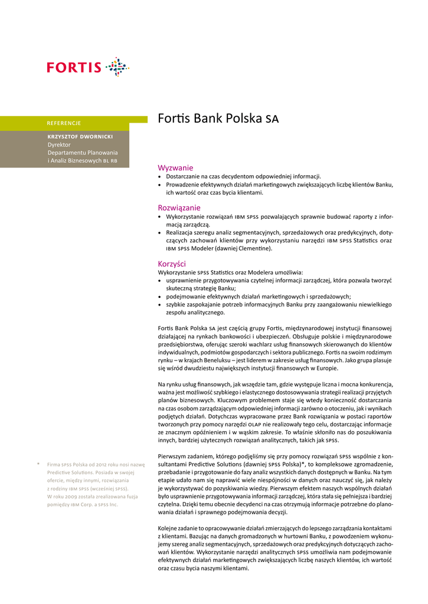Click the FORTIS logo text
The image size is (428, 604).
(x=74, y=67)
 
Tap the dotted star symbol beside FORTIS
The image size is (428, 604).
(x=117, y=67)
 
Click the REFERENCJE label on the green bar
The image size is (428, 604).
(x=64, y=123)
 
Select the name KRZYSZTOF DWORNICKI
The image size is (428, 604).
(x=80, y=136)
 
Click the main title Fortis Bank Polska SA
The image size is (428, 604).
(x=218, y=118)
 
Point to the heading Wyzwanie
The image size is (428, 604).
(x=175, y=168)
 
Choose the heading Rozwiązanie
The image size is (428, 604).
(x=179, y=208)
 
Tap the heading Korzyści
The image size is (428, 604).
(x=172, y=264)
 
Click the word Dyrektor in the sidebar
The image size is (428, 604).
(x=59, y=144)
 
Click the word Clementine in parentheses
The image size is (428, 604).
(x=251, y=248)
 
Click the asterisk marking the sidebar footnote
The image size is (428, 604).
(x=38, y=464)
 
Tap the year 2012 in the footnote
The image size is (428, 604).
(x=99, y=464)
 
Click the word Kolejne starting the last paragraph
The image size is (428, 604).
(x=171, y=527)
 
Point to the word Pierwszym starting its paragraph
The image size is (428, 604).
(x=175, y=456)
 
